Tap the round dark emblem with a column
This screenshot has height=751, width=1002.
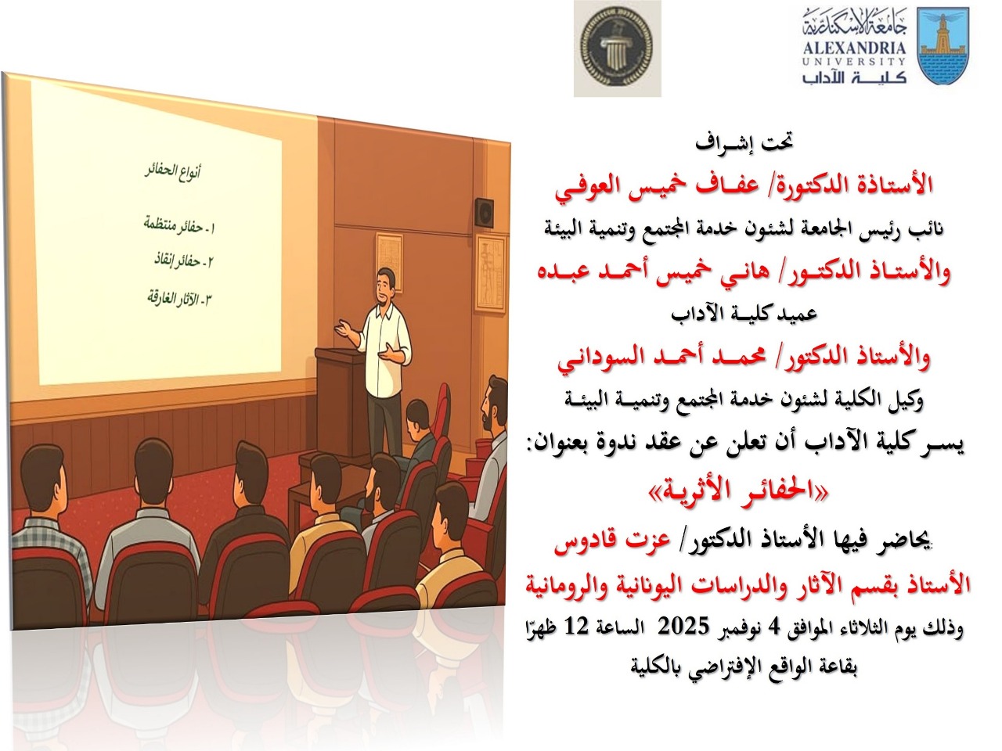pos(617,48)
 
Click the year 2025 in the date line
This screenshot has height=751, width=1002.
pos(681,627)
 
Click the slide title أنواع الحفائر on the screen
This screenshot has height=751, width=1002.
pos(172,171)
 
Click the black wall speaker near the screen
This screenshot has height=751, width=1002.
pos(485,210)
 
